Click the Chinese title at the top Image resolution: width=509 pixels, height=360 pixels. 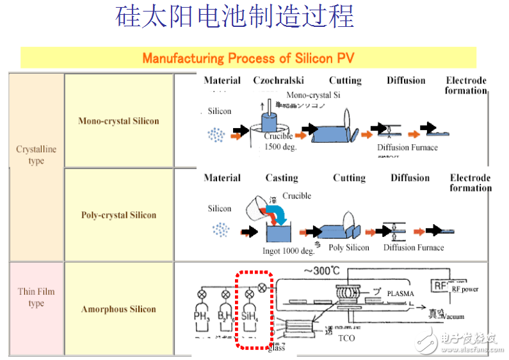coord(234,18)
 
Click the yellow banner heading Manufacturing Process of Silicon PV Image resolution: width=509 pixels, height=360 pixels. coord(248,58)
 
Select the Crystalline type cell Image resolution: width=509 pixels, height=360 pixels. coord(36,155)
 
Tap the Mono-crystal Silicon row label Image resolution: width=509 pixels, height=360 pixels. coord(118,121)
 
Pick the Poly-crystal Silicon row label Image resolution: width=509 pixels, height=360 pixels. coord(118,215)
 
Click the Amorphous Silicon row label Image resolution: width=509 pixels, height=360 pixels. coord(118,309)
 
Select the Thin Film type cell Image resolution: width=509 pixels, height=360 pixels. coord(36,297)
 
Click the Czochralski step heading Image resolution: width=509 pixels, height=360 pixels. coord(279,81)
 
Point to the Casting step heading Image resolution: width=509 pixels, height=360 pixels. coord(282,178)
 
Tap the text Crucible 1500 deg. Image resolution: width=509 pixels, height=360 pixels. coord(279,141)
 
